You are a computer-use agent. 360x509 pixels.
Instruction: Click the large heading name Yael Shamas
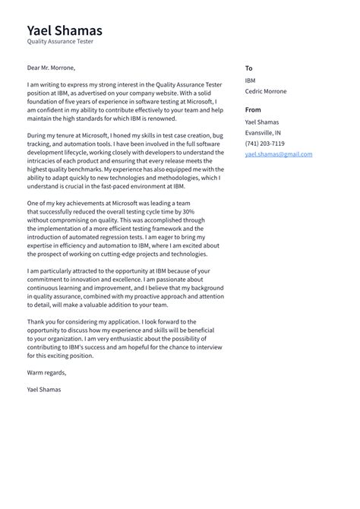(65, 30)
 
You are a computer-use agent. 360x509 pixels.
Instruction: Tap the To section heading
(248, 68)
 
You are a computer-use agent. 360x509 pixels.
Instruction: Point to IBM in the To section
(251, 80)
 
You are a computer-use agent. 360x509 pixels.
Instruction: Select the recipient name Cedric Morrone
(266, 91)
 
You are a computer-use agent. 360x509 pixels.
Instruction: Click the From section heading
(253, 109)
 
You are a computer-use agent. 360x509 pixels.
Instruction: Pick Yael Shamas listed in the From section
(261, 122)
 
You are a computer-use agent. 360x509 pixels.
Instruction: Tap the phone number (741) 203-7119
(265, 143)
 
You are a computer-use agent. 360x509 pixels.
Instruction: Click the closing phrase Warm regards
(47, 372)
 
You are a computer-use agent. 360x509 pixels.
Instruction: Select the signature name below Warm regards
(44, 389)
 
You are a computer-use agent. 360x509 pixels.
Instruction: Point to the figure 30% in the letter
(188, 211)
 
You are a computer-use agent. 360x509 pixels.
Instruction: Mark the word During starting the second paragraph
(38, 134)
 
